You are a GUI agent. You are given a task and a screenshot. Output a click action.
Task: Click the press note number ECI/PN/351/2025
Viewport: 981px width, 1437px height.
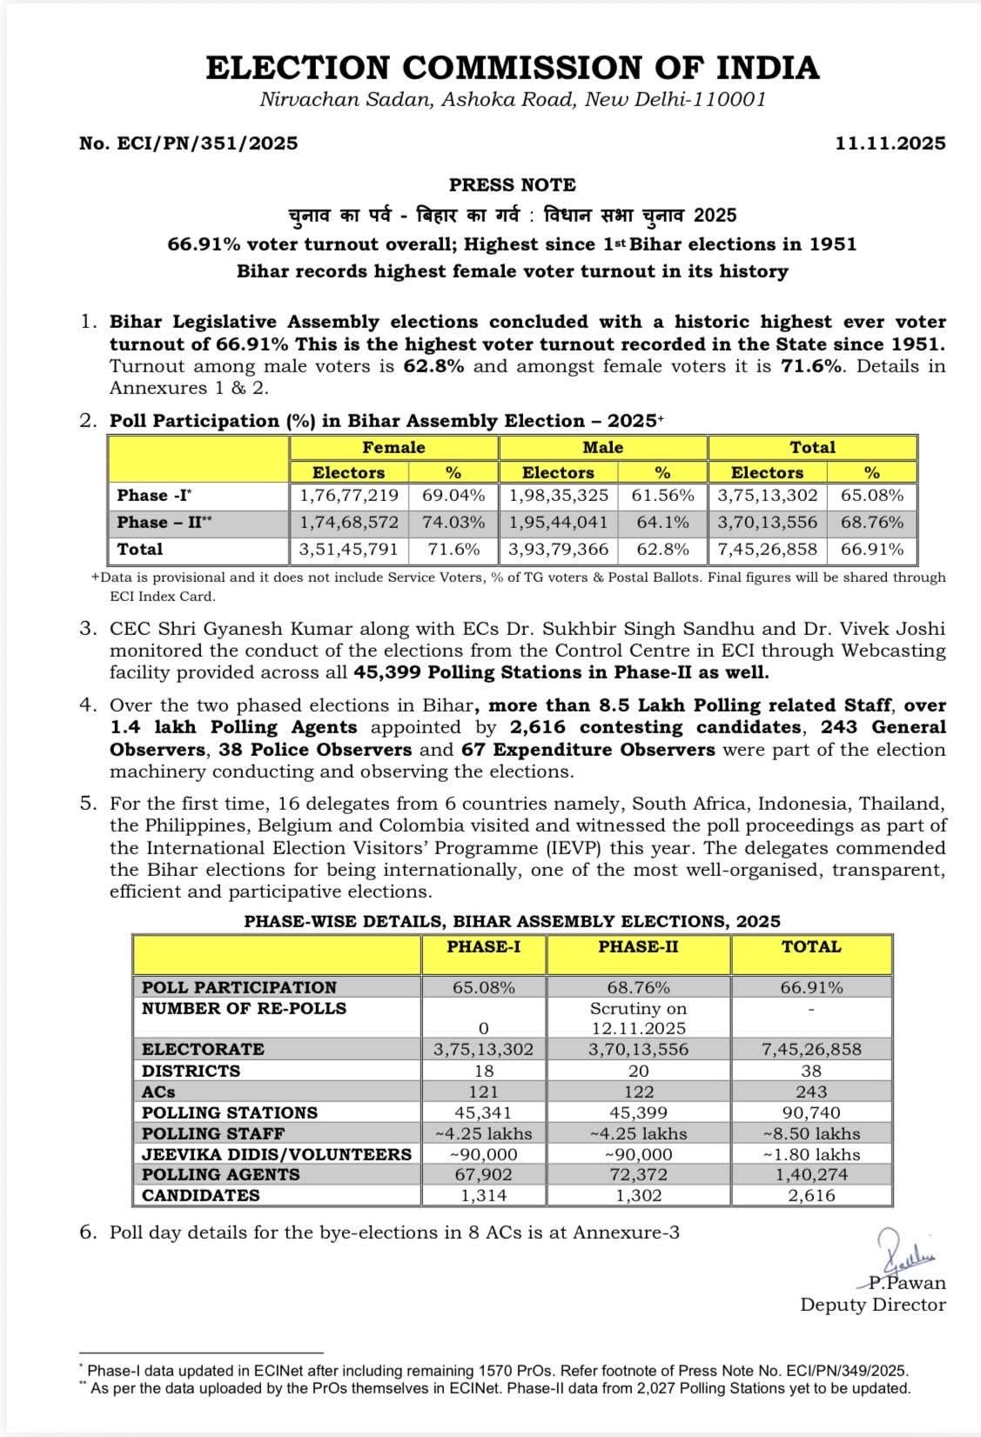tap(188, 144)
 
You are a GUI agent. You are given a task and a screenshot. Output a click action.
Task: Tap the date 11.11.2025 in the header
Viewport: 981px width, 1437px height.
tap(890, 144)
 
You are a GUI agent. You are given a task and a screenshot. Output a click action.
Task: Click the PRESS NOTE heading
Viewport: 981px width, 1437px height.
tap(512, 185)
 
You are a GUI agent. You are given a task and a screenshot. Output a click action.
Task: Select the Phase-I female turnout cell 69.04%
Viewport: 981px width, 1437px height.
tap(453, 496)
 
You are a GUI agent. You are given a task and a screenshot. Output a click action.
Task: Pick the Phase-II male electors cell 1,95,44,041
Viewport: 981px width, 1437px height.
tap(558, 523)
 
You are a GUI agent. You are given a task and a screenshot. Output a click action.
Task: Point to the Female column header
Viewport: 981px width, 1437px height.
tap(393, 448)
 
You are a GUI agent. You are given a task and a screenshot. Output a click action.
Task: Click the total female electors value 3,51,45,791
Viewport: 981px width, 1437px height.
tap(349, 550)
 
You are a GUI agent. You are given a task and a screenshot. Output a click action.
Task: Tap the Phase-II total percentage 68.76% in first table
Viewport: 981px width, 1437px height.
tap(871, 523)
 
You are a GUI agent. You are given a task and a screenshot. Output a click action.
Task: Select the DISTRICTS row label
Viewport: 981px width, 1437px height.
tap(191, 1071)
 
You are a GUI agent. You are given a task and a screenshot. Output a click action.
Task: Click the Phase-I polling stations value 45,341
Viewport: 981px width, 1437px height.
tap(483, 1113)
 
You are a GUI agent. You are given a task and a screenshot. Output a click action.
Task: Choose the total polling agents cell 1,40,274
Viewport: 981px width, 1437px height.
tap(811, 1174)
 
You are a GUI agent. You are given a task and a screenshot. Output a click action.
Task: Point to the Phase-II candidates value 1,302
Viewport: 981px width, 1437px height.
tap(638, 1195)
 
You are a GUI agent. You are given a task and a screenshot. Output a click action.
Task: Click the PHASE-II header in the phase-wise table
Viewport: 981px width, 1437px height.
tap(638, 947)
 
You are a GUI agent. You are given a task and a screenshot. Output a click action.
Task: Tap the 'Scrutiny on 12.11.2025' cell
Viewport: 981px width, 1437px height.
tap(638, 1019)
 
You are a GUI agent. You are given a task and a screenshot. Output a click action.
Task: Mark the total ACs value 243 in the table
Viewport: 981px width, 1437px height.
tap(811, 1092)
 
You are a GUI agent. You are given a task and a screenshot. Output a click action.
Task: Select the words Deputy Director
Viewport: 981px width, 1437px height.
tap(872, 1305)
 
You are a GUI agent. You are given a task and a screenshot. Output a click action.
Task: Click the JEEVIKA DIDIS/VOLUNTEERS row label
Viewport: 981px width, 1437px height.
tap(276, 1154)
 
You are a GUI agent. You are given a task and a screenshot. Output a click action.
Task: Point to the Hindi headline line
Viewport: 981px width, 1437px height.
tap(512, 216)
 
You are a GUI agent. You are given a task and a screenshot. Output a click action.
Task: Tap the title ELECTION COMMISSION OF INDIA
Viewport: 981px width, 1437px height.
tap(512, 68)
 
